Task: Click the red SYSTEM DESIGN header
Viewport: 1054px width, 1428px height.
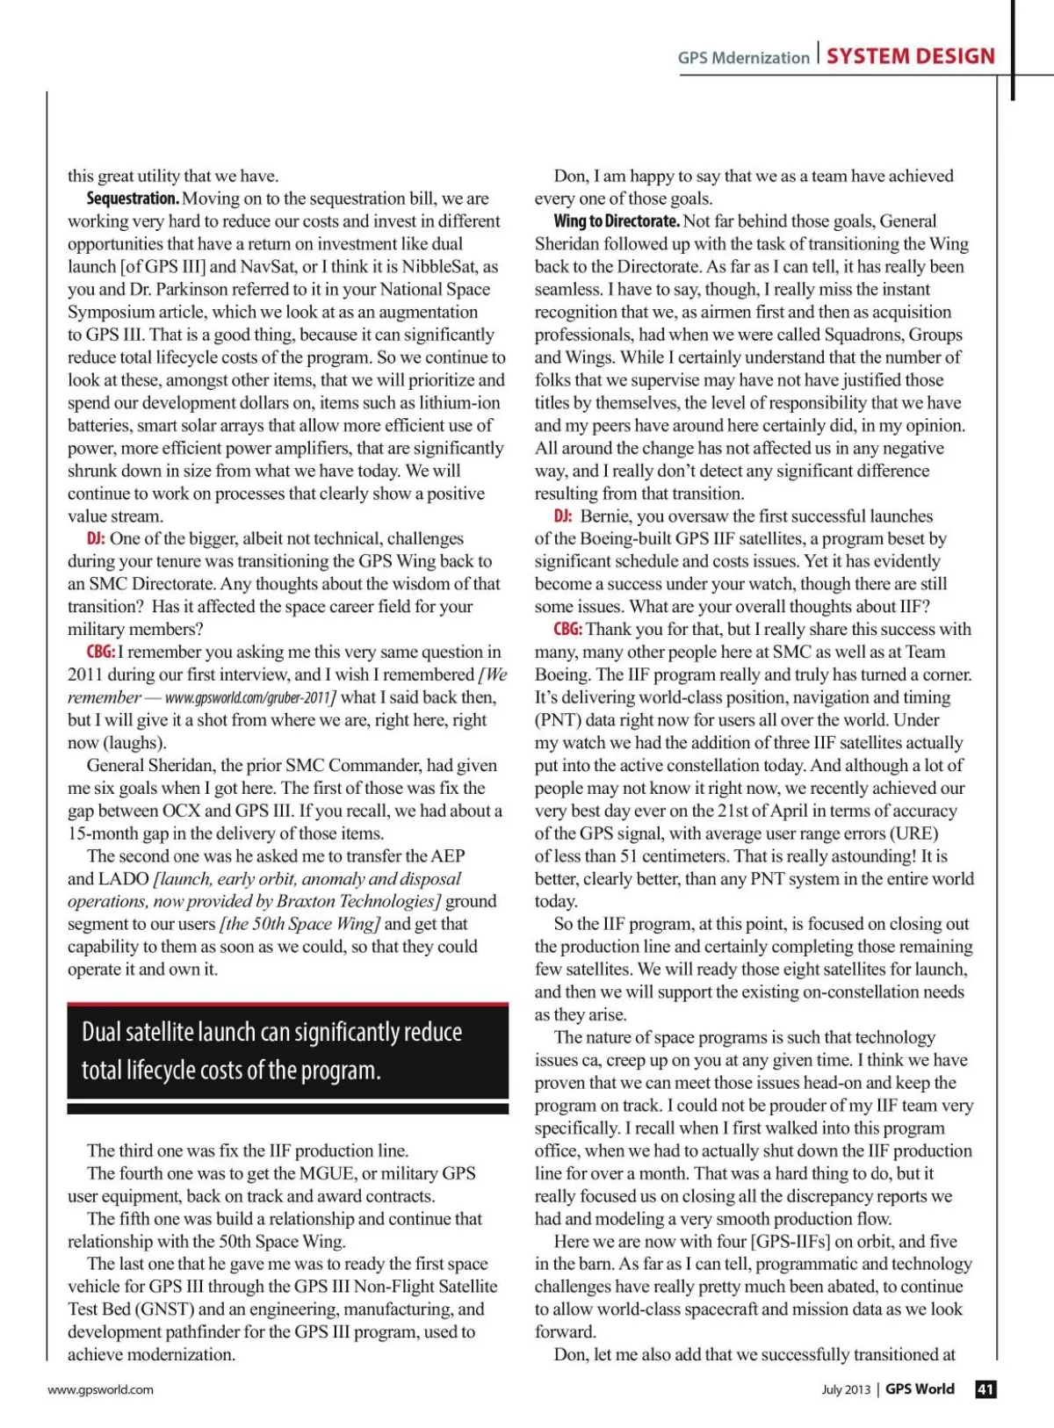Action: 910,56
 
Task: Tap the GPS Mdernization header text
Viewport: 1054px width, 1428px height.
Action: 743,58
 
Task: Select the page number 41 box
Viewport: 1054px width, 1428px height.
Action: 985,1388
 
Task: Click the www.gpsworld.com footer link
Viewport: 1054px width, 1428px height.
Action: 100,1389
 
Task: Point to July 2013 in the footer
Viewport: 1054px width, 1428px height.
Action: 846,1389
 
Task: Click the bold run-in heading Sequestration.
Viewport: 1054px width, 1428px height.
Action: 133,198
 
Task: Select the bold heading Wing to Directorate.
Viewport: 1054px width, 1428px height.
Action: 617,221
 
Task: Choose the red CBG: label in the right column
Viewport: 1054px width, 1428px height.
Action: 567,630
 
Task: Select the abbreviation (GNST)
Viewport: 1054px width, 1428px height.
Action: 164,1309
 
